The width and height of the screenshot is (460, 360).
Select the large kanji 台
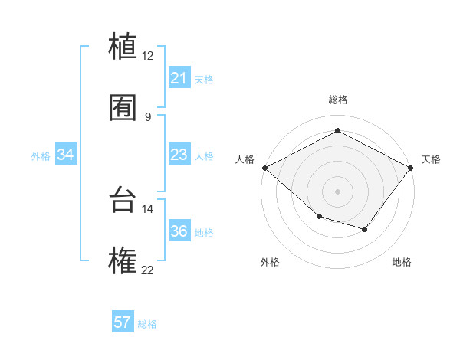pyautogui.click(x=123, y=199)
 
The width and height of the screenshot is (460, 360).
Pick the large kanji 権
pyautogui.click(x=123, y=260)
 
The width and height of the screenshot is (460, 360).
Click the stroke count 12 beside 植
pyautogui.click(x=148, y=55)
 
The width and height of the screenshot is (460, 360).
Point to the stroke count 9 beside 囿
pyautogui.click(x=148, y=117)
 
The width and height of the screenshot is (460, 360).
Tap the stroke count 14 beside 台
pyautogui.click(x=148, y=208)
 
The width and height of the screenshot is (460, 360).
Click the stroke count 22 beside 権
pyautogui.click(x=148, y=270)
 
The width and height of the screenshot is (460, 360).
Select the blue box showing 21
pyautogui.click(x=179, y=78)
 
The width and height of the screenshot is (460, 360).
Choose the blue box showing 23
pyautogui.click(x=179, y=155)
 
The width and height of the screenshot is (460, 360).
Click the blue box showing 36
pyautogui.click(x=179, y=231)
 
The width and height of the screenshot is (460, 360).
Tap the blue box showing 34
pyautogui.click(x=66, y=155)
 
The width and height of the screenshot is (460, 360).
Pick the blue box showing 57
pyautogui.click(x=123, y=322)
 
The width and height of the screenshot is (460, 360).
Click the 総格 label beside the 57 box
pyautogui.click(x=147, y=324)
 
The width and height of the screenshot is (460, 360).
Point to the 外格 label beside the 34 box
pyautogui.click(x=41, y=156)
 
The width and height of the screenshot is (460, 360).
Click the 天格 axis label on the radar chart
pyautogui.click(x=431, y=159)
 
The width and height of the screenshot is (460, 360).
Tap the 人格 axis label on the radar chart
pyautogui.click(x=245, y=159)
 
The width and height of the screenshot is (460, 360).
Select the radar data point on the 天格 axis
pyautogui.click(x=412, y=168)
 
